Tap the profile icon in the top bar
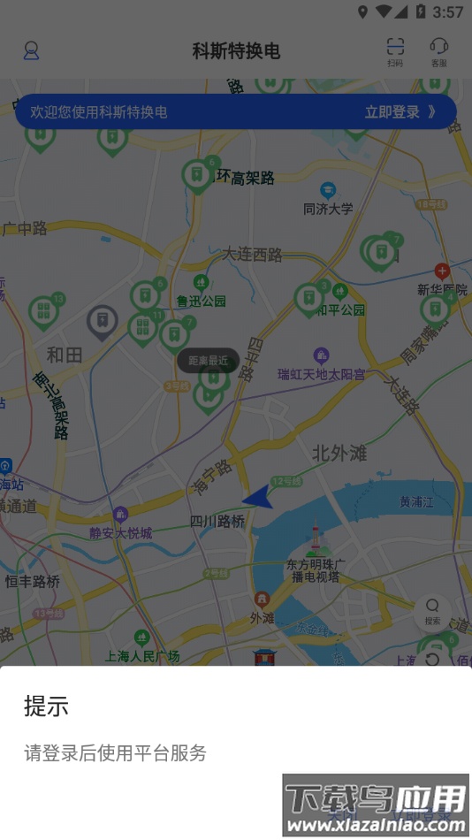click(x=31, y=50)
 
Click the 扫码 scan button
click(x=395, y=51)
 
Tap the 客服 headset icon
click(x=438, y=51)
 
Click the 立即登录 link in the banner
click(x=400, y=112)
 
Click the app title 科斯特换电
click(x=236, y=51)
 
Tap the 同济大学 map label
click(x=328, y=209)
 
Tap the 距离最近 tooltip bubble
click(x=208, y=360)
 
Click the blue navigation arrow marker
click(x=257, y=499)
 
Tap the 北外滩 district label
click(x=339, y=453)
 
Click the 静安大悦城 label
click(x=121, y=532)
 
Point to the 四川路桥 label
click(x=217, y=522)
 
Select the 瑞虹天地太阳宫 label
click(x=321, y=374)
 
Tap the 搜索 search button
click(x=432, y=611)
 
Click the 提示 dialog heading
click(x=46, y=706)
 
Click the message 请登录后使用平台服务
click(x=115, y=753)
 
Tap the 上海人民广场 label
click(x=142, y=655)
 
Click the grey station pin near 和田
click(x=103, y=322)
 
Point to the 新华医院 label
click(x=442, y=289)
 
